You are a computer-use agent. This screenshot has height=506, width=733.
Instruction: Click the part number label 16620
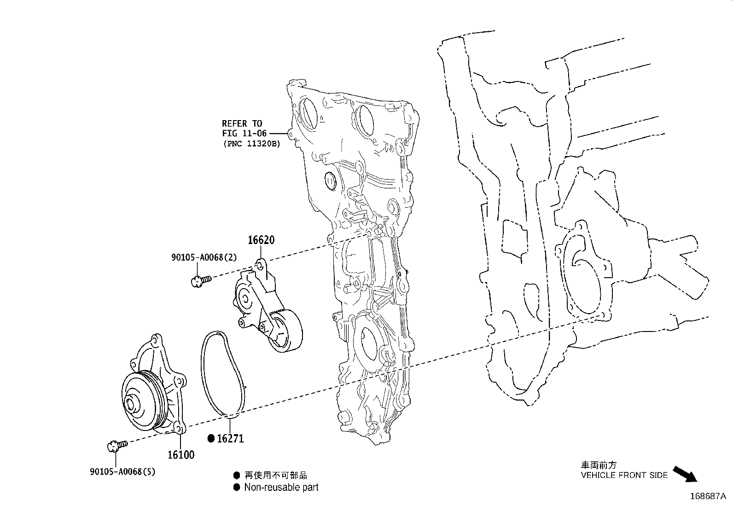point(261,240)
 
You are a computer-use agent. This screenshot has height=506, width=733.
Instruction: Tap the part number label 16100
point(180,455)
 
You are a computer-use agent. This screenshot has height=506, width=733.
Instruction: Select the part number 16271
point(230,439)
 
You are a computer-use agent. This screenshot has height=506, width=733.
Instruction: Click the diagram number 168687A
point(708,496)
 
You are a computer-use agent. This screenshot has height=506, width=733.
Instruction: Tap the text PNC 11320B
point(251,144)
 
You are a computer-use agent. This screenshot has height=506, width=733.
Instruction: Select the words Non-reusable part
point(281,487)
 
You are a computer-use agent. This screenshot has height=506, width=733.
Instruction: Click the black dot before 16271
point(211,439)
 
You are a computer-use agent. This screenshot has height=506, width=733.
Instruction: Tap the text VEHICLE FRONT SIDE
point(624,475)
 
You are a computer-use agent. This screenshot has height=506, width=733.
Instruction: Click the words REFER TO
point(242,123)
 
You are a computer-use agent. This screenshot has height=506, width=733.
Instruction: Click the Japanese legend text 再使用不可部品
point(275,475)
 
